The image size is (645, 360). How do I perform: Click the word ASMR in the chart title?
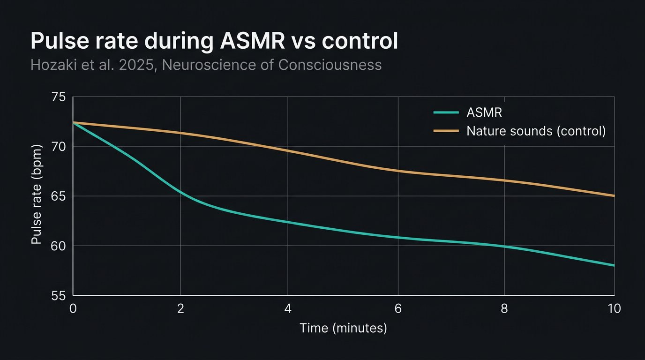[252, 41]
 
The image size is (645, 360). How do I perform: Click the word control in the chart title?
[360, 41]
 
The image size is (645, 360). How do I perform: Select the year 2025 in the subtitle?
[136, 65]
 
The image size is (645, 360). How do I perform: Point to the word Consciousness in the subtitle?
[330, 65]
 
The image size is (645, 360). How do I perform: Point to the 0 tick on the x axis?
[73, 308]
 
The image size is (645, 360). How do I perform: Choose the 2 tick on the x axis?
[180, 308]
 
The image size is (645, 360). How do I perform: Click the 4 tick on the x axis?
[288, 308]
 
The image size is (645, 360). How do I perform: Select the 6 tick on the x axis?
[397, 308]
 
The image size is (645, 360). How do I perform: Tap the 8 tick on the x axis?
[504, 308]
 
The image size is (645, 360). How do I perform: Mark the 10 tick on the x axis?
[614, 308]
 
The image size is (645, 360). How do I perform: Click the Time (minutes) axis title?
[344, 328]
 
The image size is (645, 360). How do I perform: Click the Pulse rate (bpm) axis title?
[37, 194]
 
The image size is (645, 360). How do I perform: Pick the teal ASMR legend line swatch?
[445, 112]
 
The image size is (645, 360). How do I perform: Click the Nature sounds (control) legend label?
[536, 131]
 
